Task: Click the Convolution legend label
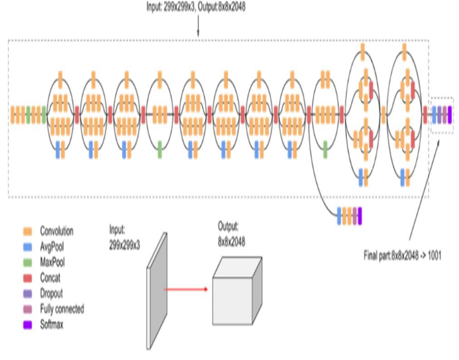click(x=56, y=231)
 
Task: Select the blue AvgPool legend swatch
click(x=28, y=247)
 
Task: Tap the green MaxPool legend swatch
click(x=28, y=262)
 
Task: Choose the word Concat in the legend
click(x=50, y=278)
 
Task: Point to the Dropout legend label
click(x=51, y=293)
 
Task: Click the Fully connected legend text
click(x=62, y=309)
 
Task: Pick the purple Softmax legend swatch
click(x=28, y=325)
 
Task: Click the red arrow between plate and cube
click(x=186, y=289)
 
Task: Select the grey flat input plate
click(x=157, y=291)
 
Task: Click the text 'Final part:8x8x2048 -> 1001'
click(x=402, y=256)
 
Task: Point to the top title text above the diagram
click(x=196, y=7)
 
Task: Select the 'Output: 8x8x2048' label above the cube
click(x=231, y=234)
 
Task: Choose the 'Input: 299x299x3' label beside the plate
click(x=124, y=237)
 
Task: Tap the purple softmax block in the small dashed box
click(x=449, y=114)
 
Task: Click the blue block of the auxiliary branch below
click(x=339, y=216)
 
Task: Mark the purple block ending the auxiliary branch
click(x=360, y=216)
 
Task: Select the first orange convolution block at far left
click(x=13, y=114)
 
